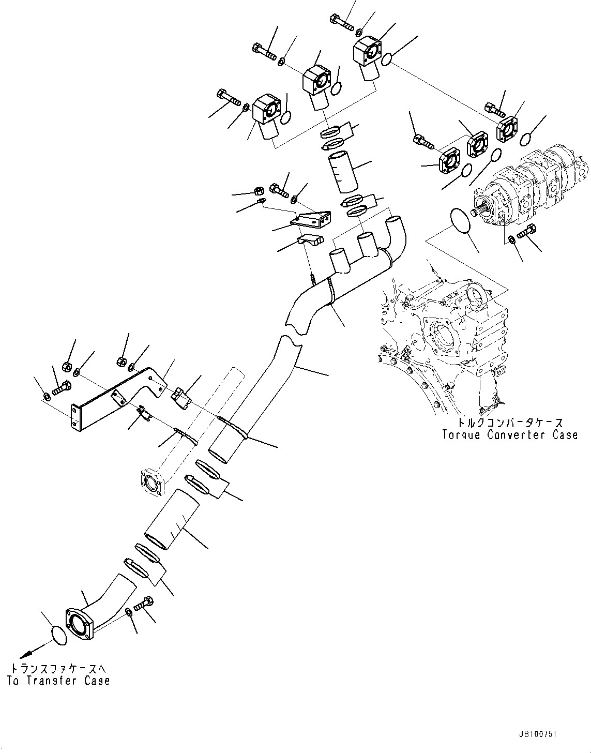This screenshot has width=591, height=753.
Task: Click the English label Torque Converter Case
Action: pyautogui.click(x=509, y=434)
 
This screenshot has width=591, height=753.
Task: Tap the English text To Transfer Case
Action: pyautogui.click(x=58, y=681)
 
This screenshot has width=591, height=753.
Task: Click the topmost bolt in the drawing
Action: pyautogui.click(x=341, y=22)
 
